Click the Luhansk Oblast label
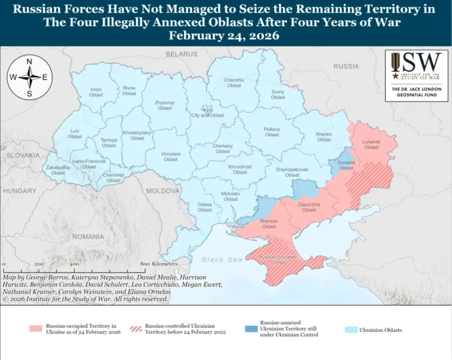click(371, 145)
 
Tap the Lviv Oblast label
click(75, 134)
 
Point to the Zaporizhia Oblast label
click(309, 207)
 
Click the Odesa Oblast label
click(205, 207)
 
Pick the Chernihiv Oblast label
click(234, 82)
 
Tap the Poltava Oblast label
click(272, 132)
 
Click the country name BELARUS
click(181, 53)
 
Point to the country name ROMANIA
click(88, 236)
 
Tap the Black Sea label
click(222, 260)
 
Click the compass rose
click(29, 77)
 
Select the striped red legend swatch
click(136, 329)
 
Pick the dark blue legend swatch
click(250, 329)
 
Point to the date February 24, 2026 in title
click(225, 36)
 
